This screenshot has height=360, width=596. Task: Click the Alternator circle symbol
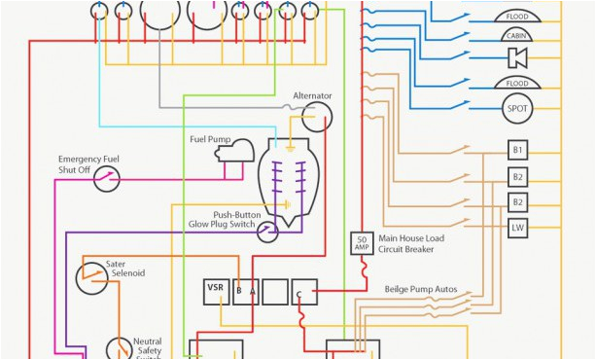(316, 118)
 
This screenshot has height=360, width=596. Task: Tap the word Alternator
(312, 95)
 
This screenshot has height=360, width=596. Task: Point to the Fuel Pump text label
(210, 139)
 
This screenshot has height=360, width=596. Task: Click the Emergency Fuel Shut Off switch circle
(106, 178)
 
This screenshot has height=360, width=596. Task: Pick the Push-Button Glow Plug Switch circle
(267, 231)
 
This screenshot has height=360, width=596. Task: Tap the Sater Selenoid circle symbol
(92, 277)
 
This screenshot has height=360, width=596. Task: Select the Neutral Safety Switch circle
(120, 349)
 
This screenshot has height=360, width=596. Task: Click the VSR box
(216, 291)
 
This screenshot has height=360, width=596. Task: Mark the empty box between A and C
(275, 292)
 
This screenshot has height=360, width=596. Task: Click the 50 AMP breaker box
(362, 244)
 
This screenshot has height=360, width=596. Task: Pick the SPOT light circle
(517, 108)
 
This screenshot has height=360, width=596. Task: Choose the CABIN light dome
(517, 36)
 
